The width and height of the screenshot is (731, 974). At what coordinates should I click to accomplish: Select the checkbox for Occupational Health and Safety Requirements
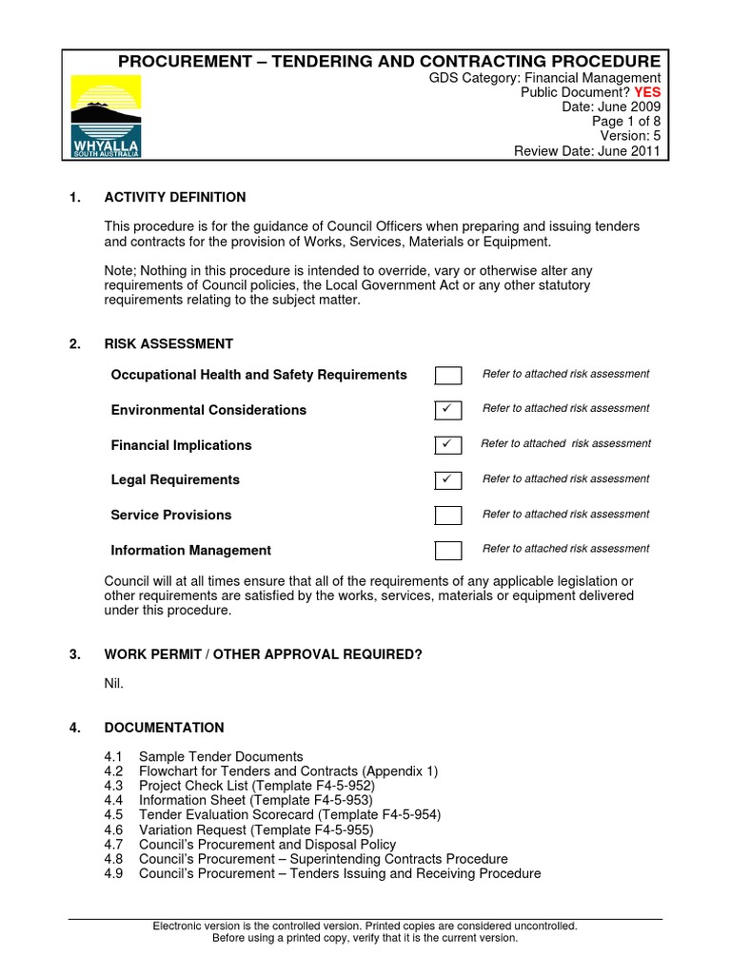coord(448,375)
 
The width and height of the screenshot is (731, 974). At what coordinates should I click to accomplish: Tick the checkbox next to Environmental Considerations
coord(448,410)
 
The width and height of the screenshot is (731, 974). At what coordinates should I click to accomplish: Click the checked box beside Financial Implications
coord(448,444)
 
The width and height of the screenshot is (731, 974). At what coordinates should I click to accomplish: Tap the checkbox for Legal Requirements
coord(448,479)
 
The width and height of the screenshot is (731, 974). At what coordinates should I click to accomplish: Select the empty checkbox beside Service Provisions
coord(448,515)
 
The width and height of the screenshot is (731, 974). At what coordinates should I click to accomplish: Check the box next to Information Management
coord(448,550)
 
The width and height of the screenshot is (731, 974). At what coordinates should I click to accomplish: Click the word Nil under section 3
coord(113,683)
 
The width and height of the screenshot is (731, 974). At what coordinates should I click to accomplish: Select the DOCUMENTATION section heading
coord(164,728)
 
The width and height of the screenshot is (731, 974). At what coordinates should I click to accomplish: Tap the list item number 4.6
coord(114,829)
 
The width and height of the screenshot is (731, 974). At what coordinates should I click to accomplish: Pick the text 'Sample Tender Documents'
coord(221,757)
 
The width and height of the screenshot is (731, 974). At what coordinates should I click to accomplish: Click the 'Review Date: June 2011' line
coord(586,150)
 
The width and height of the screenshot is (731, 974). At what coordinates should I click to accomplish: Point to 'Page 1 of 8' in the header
coord(625,122)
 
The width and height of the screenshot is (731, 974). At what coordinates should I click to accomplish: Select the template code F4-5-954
coord(407,815)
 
